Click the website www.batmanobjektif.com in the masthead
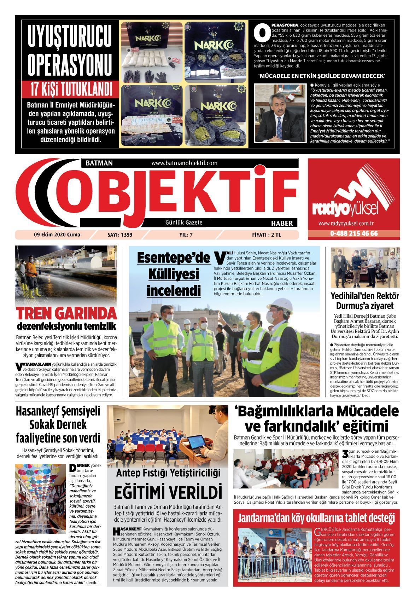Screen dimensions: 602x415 coord(184,163)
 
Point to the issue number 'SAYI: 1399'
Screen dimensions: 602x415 coord(120,235)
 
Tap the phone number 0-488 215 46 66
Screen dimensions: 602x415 coord(354,234)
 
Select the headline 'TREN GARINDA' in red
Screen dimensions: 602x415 coord(66,313)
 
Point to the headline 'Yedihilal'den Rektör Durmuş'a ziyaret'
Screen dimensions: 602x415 coord(364,301)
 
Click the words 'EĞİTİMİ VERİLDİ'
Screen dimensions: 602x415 coord(168,492)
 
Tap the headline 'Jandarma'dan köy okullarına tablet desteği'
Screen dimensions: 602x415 coord(316,519)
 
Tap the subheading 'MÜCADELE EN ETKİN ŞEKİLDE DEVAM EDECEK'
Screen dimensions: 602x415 coord(321,76)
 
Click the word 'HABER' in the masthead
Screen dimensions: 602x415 coord(282,223)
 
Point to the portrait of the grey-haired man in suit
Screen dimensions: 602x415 coord(281,113)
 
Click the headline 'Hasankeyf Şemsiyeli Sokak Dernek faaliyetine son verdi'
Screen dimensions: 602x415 coord(58,424)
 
